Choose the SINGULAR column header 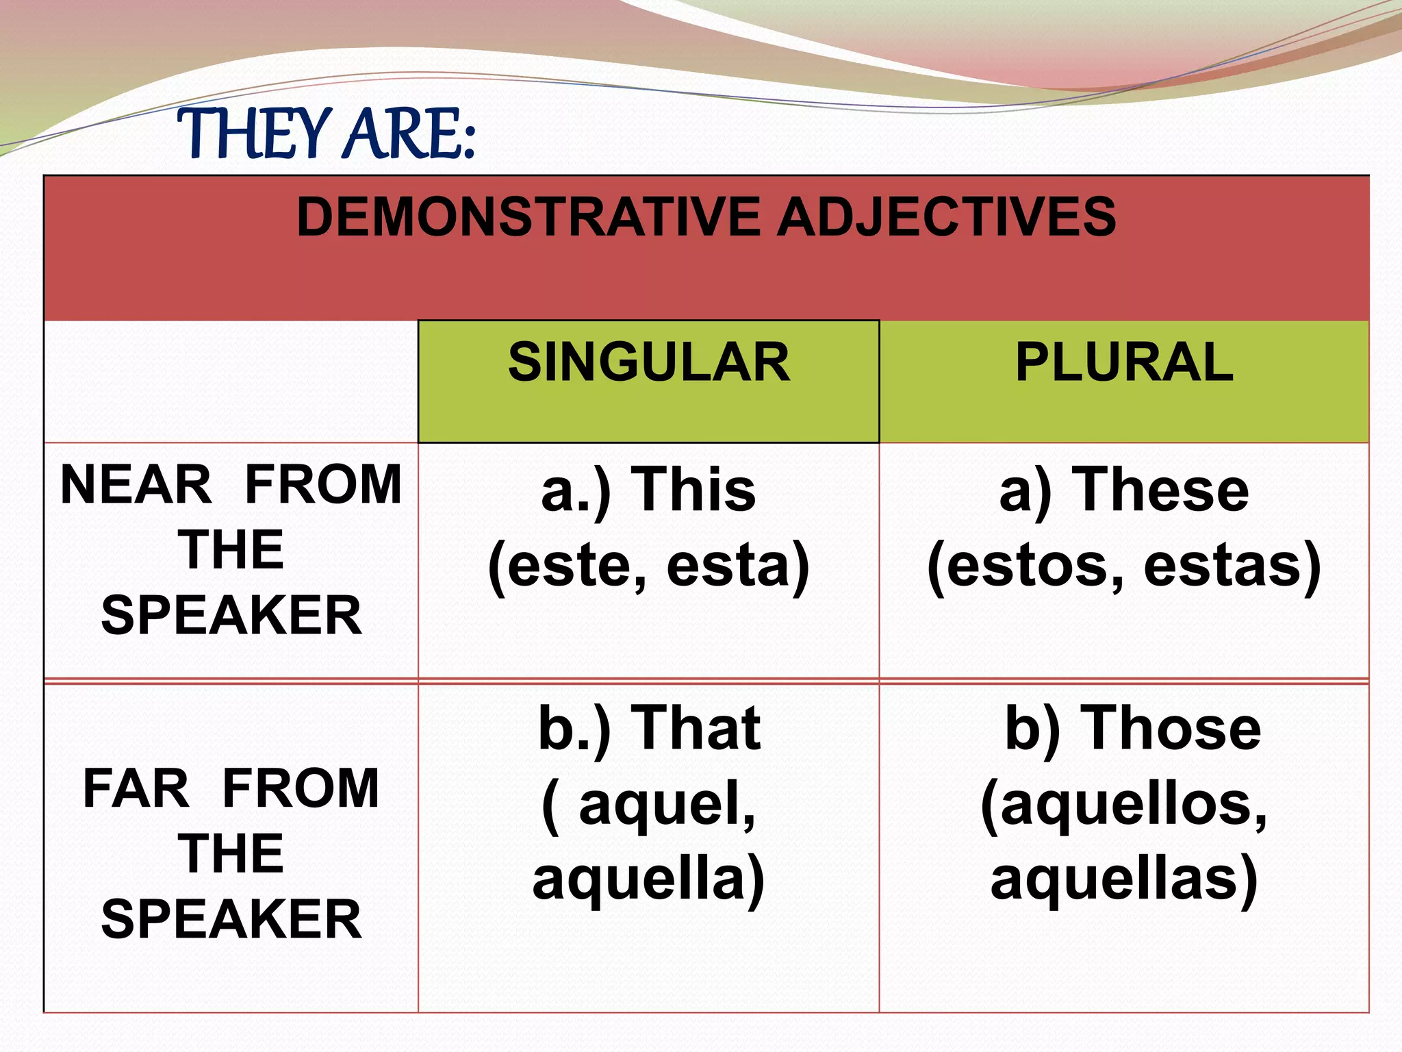648,362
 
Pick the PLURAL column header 1124,362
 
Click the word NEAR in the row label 136,485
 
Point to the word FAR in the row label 136,788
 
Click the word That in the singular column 695,728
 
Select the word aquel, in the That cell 667,805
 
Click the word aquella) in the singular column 648,880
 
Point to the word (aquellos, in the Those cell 1124,805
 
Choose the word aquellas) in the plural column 1124,880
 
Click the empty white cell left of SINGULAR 231,381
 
